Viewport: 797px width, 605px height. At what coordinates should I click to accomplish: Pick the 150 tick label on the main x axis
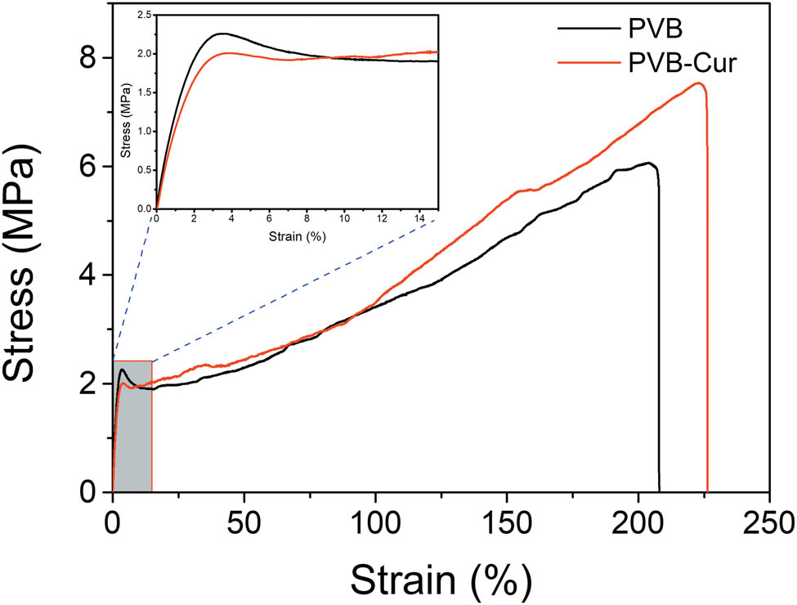506,521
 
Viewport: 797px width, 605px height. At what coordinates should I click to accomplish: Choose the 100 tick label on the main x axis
374,521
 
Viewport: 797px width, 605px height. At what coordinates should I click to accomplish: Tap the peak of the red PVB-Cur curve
697,83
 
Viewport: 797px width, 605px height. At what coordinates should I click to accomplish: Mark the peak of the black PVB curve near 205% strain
649,163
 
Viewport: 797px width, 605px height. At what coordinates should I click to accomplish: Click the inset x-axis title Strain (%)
296,237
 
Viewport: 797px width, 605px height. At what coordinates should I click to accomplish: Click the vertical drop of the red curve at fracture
707,327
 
